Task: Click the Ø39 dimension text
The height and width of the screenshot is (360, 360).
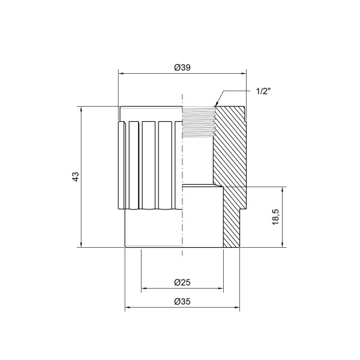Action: tap(182, 68)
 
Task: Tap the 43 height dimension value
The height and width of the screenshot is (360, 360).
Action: tap(75, 176)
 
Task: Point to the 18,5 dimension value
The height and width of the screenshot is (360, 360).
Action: tap(275, 217)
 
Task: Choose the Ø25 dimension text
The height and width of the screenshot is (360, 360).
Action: tap(182, 283)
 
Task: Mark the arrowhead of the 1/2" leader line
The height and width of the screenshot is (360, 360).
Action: tap(215, 106)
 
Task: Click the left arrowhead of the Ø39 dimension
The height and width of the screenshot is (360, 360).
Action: tap(120, 74)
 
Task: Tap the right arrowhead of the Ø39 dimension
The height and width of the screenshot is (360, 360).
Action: tap(244, 74)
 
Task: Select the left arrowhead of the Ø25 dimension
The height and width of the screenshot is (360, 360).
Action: tap(143, 289)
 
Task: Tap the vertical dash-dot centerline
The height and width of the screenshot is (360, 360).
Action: tap(181, 180)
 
